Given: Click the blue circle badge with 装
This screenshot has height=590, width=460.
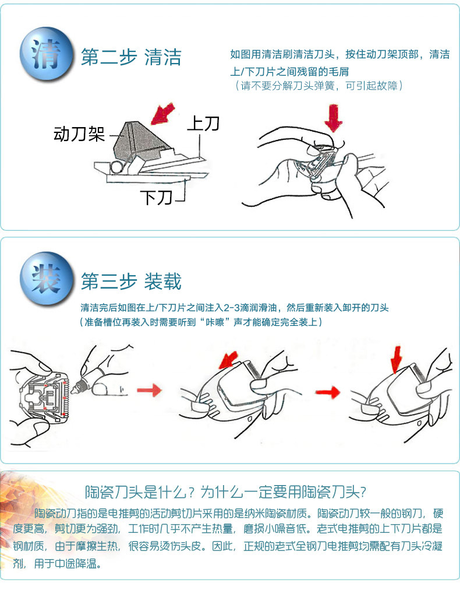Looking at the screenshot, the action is [x=47, y=279].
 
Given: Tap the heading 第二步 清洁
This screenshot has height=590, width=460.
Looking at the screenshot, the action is [x=131, y=57].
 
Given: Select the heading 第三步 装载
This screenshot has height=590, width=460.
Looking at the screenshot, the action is [x=131, y=282].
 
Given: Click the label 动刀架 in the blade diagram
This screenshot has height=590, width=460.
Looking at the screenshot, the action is [x=79, y=134].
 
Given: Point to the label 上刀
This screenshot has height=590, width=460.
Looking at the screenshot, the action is [x=203, y=124].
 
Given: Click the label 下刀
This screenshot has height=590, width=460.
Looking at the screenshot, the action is [x=156, y=198].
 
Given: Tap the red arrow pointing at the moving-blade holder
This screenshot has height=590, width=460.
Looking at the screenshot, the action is [x=162, y=113].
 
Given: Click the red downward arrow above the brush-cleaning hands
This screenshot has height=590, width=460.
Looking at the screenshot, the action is [x=333, y=118].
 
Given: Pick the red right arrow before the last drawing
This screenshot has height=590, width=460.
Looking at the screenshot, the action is [x=328, y=392].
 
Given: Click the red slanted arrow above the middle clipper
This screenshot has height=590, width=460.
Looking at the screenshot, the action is [x=228, y=360].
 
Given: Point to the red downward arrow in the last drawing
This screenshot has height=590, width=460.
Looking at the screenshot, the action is [x=396, y=359].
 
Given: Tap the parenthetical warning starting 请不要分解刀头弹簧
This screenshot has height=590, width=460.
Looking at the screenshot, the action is [x=319, y=86].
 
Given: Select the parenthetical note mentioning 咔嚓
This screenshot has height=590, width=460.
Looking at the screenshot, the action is [x=201, y=322].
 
